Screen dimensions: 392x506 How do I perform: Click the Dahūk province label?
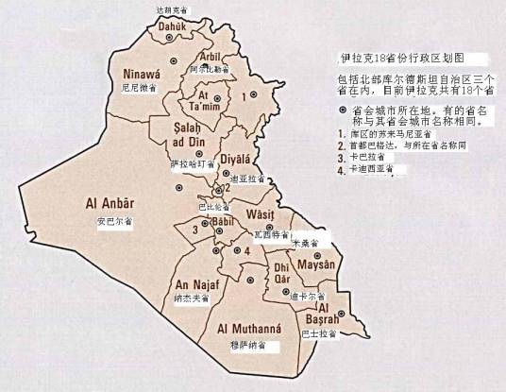coord(166,27)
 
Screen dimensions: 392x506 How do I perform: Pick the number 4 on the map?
coord(246,251)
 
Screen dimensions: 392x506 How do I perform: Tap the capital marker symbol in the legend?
coord(343,111)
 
